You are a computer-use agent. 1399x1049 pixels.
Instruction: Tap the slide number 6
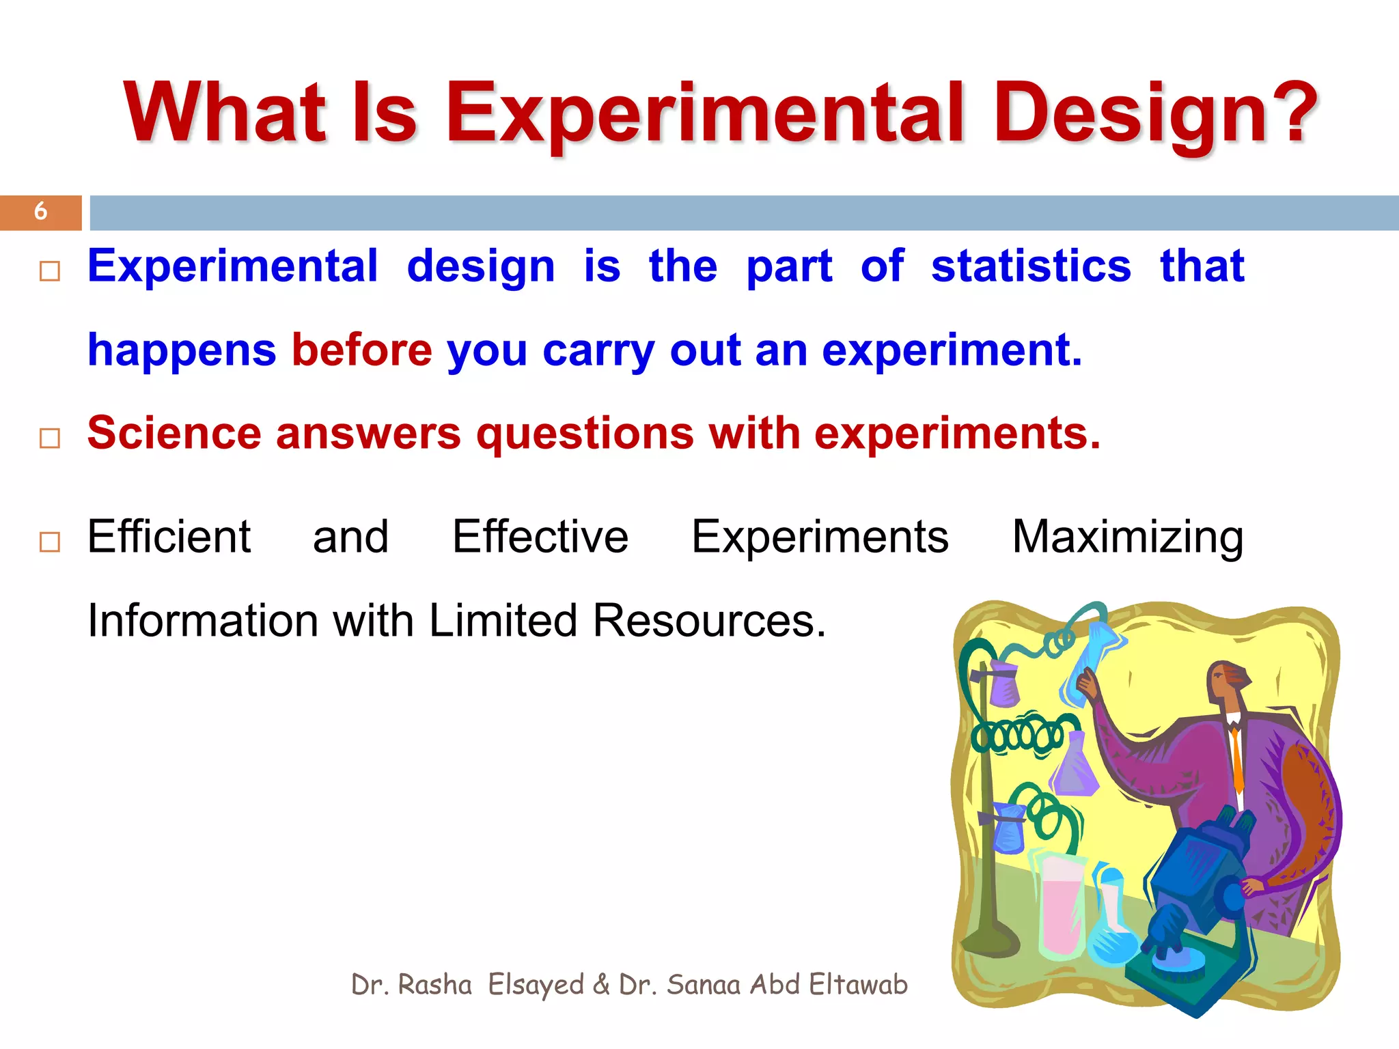point(40,212)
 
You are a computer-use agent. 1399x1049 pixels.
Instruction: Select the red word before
point(362,350)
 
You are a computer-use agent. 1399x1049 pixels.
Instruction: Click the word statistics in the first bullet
point(1031,266)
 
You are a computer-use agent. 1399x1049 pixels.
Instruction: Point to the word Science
point(174,434)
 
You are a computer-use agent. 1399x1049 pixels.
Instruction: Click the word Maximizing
point(1127,537)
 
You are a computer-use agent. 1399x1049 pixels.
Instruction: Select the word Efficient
point(169,537)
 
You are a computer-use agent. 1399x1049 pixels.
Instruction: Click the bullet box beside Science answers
point(50,438)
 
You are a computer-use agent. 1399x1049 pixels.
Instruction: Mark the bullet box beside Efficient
point(50,542)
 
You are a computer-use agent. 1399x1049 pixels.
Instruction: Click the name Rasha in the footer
point(434,985)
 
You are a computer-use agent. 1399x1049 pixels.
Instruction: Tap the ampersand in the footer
point(601,985)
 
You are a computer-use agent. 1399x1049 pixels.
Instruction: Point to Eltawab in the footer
point(858,985)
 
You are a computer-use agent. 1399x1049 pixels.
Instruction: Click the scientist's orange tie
point(1237,758)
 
